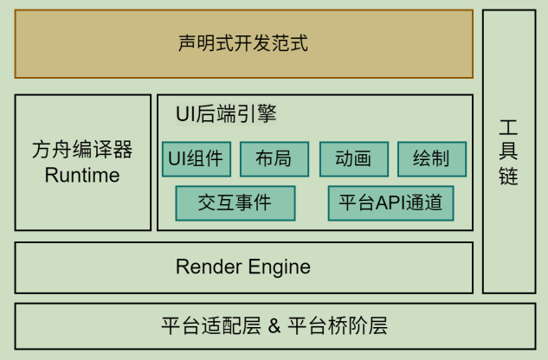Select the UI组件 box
(x=196, y=158)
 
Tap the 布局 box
(x=273, y=158)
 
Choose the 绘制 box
(x=431, y=158)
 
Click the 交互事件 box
(x=235, y=203)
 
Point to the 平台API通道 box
(x=390, y=203)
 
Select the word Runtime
(x=82, y=176)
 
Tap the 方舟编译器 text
(x=82, y=151)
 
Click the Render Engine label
(x=243, y=267)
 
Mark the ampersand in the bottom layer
(x=274, y=327)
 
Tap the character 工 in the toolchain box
(x=509, y=127)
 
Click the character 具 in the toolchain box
(x=509, y=152)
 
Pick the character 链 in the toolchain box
(x=509, y=177)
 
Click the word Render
(x=204, y=267)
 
